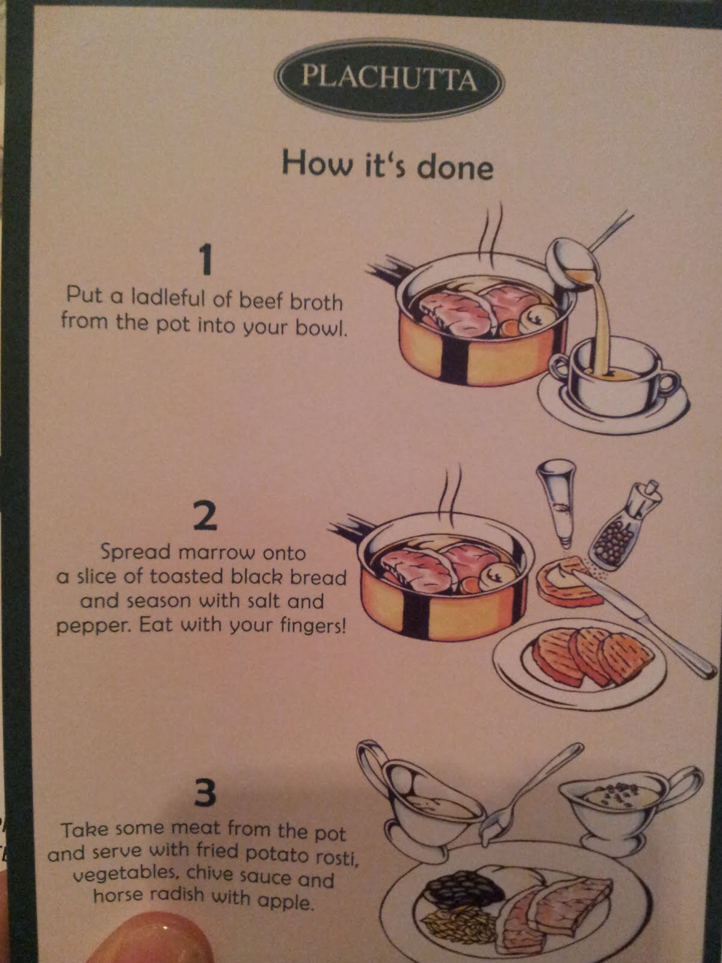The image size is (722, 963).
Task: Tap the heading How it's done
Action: (x=387, y=164)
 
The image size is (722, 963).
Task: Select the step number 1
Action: (x=205, y=259)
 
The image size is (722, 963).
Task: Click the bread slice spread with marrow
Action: (x=568, y=581)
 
